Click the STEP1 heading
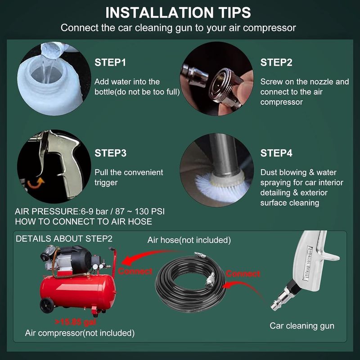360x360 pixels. pos(110,63)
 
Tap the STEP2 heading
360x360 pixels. pos(276,63)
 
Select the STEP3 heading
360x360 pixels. pos(110,153)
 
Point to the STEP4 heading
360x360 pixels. pos(276,153)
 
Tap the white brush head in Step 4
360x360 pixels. pos(220,187)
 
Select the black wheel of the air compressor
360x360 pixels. pos(47,306)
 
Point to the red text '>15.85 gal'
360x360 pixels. pos(75,322)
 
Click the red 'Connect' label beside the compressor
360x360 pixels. pos(135,271)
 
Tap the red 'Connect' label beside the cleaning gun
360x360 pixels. pos(243,274)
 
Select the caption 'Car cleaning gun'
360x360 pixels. pos(302,326)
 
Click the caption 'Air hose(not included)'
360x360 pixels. pos(189,240)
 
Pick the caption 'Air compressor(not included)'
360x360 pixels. pos(80,333)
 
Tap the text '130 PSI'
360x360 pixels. pos(150,211)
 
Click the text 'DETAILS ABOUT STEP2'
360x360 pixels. pos(64,239)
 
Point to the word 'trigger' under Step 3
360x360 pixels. pos(106,183)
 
